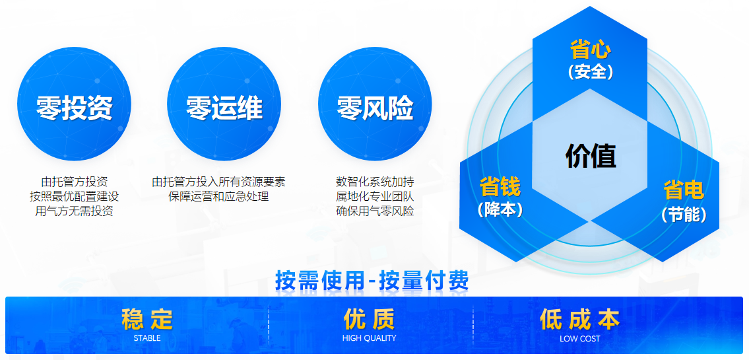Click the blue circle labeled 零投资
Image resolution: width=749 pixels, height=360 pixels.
click(74, 104)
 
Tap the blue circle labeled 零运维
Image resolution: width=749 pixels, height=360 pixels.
click(224, 104)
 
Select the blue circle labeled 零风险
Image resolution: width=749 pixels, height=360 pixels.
click(375, 104)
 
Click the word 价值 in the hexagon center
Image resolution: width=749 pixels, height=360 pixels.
click(591, 155)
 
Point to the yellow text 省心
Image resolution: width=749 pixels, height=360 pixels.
click(591, 50)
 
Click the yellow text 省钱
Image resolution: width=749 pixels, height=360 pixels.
click(500, 187)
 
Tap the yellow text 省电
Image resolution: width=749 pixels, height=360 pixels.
click(684, 190)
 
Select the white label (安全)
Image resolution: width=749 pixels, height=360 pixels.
click(591, 72)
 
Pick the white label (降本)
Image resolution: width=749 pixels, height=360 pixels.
click(500, 209)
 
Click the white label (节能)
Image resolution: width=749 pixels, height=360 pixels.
click(684, 214)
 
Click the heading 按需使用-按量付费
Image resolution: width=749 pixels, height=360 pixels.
click(372, 281)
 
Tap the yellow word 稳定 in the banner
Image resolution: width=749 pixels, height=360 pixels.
click(147, 319)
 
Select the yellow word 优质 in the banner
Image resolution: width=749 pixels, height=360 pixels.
click(370, 319)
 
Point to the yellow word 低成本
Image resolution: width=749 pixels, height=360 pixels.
click(579, 319)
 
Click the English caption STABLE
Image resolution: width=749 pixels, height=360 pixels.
click(147, 338)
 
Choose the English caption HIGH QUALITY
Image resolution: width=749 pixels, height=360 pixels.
click(370, 338)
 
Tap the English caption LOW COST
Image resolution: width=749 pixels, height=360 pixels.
click(580, 338)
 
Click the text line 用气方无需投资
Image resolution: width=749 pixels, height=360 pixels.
click(74, 211)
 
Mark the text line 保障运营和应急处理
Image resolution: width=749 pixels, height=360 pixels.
click(218, 196)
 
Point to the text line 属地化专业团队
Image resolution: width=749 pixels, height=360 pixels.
click(375, 196)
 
